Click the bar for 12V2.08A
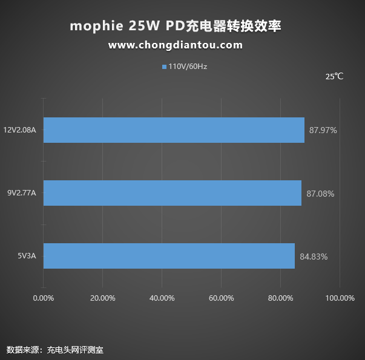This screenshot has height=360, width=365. tap(174, 130)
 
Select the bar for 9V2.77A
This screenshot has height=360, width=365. tap(172, 193)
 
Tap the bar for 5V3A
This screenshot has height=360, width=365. tap(169, 256)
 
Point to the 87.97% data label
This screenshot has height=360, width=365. tap(323, 130)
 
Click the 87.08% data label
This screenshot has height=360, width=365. tap(320, 194)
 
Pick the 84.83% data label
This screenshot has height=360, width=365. tap(314, 257)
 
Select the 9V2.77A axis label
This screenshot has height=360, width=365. tap(22, 194)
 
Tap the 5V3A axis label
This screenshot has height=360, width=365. tap(27, 257)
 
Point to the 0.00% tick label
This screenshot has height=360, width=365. tap(43, 298)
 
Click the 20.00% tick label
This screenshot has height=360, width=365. tap(102, 298)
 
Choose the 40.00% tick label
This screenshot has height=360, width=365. tap(162, 298)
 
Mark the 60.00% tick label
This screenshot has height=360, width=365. tap(221, 298)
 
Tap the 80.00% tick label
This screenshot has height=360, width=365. tap(280, 298)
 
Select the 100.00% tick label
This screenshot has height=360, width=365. tap(340, 298)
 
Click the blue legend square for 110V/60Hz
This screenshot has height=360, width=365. tap(164, 67)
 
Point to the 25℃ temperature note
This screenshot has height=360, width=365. tap(334, 77)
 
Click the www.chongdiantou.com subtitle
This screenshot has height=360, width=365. tap(176, 45)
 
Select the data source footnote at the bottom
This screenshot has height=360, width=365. tap(51, 350)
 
